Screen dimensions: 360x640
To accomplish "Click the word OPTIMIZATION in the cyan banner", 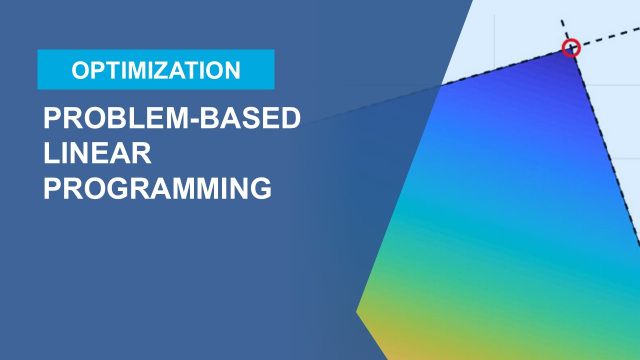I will (156, 70).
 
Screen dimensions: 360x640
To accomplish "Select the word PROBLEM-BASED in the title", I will (171, 119).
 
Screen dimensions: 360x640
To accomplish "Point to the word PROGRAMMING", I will (157, 188).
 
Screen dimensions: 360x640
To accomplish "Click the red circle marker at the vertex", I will (571, 47).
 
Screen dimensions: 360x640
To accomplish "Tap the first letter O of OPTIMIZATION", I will (79, 70).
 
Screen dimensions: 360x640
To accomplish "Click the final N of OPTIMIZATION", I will (232, 70).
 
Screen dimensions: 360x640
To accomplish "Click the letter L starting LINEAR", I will (50, 153).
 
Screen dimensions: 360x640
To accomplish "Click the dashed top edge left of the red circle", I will (500, 66).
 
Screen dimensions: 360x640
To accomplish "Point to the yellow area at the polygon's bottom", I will (400, 335).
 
